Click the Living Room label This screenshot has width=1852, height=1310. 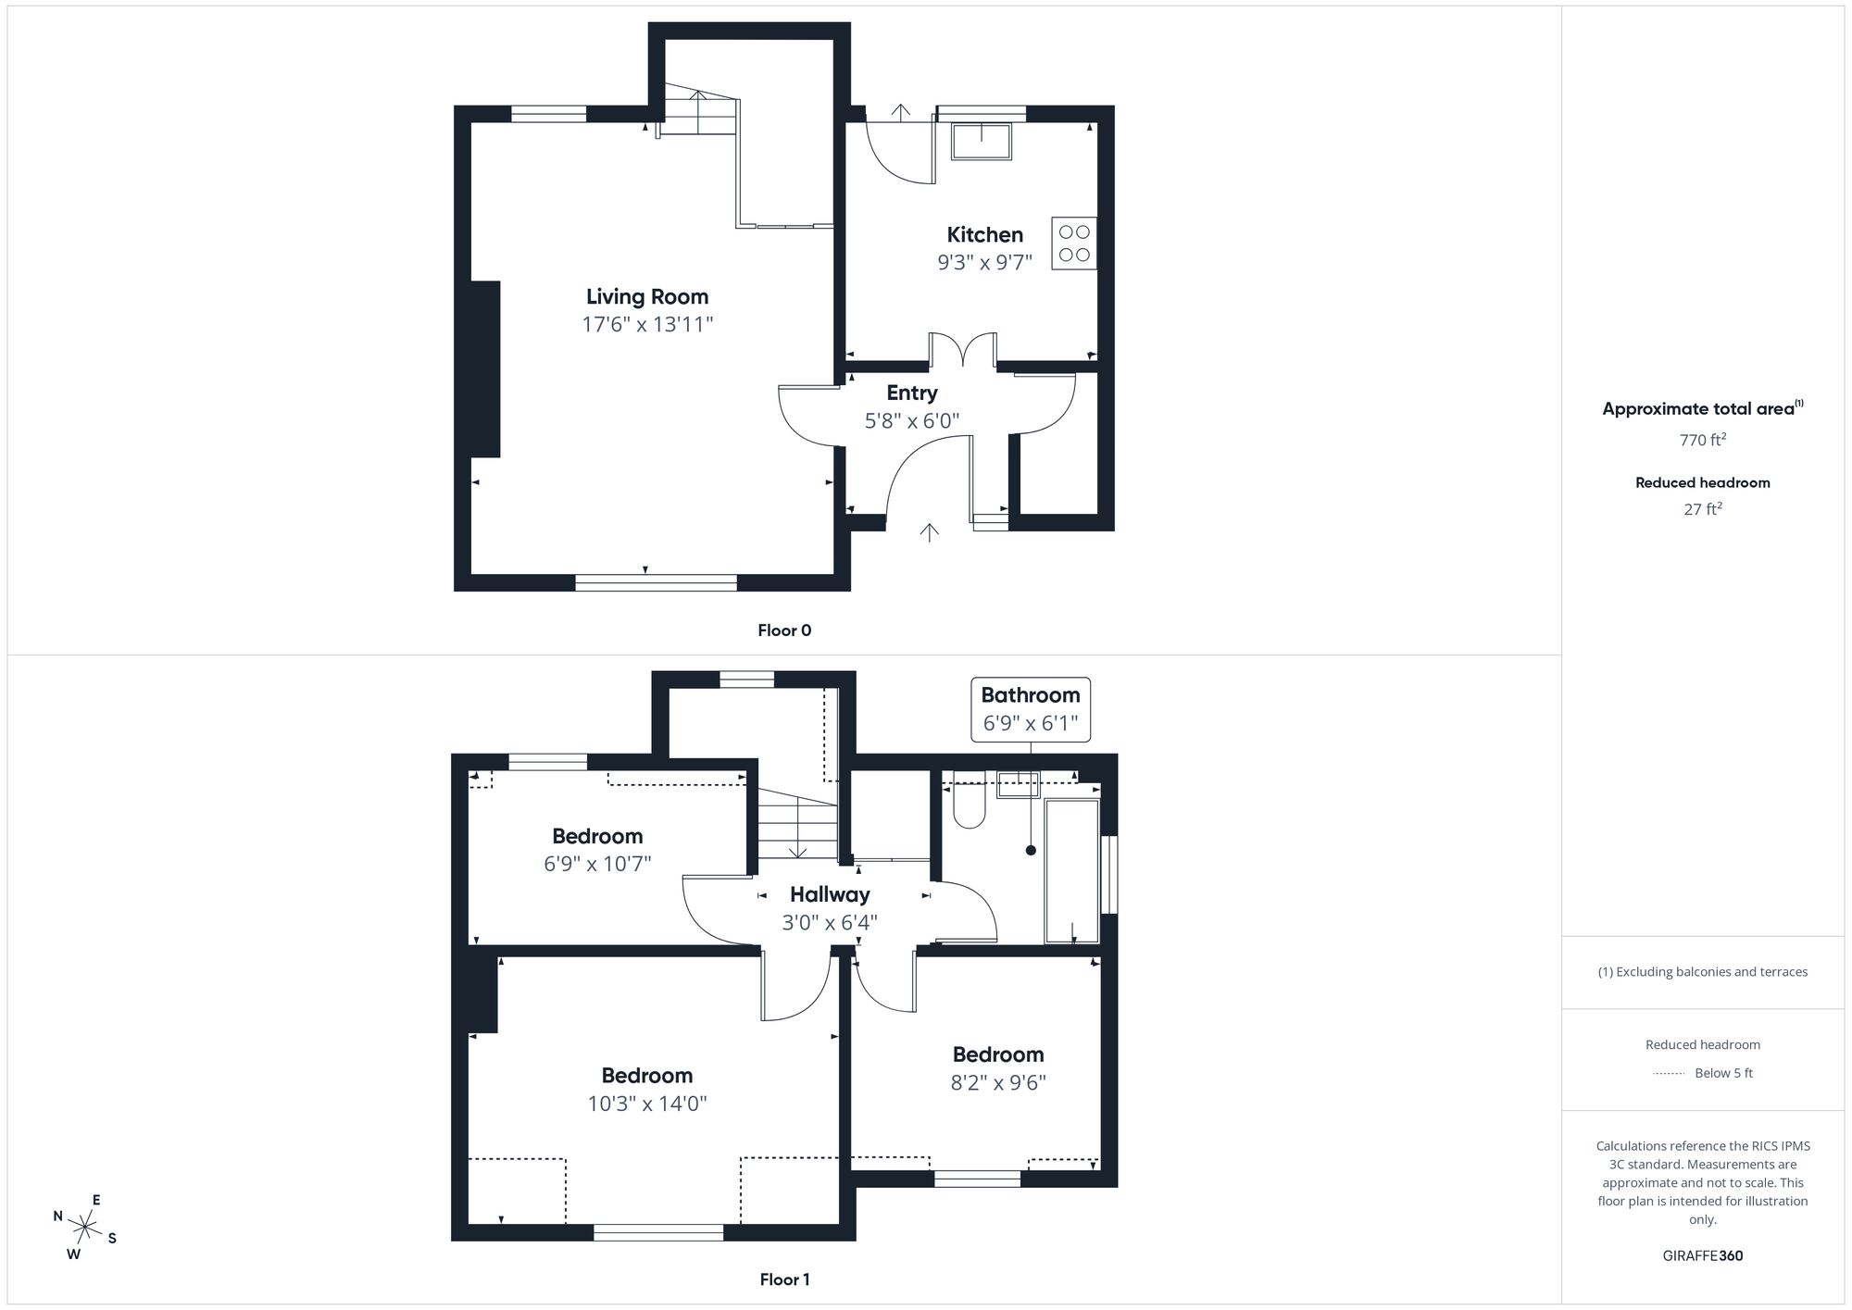[647, 297]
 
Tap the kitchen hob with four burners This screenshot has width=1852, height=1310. [1074, 243]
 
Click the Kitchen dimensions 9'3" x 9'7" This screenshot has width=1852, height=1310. [984, 263]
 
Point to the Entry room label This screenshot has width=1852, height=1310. [912, 393]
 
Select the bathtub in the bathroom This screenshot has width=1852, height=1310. [1071, 870]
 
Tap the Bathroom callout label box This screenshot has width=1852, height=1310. [1030, 709]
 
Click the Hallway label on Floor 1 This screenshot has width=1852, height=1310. [830, 895]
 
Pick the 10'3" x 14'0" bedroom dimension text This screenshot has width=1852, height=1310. [647, 1104]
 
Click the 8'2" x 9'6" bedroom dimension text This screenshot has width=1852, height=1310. [998, 1083]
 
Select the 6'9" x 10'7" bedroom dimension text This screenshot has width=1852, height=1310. [597, 865]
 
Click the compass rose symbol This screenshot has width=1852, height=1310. [85, 1229]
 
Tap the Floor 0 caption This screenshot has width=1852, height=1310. [784, 630]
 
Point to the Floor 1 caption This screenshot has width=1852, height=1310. [784, 1279]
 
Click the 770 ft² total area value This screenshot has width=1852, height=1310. [1702, 441]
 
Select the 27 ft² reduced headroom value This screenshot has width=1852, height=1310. [1702, 509]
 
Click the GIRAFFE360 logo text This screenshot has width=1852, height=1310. [1702, 1256]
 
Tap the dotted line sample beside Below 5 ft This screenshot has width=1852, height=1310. [1669, 1074]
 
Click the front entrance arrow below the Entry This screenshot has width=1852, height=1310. [929, 531]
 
